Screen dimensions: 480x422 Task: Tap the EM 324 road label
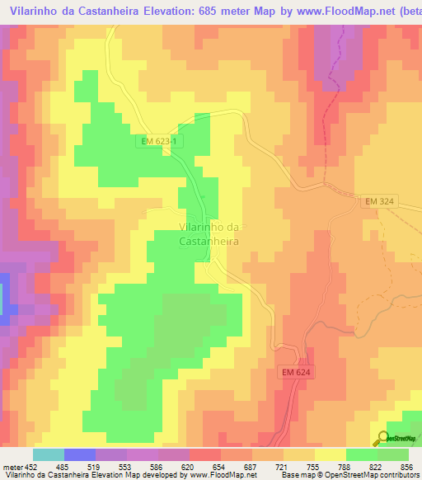(381, 202)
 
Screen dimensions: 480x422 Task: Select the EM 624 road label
(295, 373)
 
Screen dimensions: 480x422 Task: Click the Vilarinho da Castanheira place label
(209, 234)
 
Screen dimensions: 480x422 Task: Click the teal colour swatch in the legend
(49, 454)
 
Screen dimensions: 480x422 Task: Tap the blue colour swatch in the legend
(80, 454)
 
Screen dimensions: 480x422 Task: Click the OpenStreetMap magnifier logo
(383, 438)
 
